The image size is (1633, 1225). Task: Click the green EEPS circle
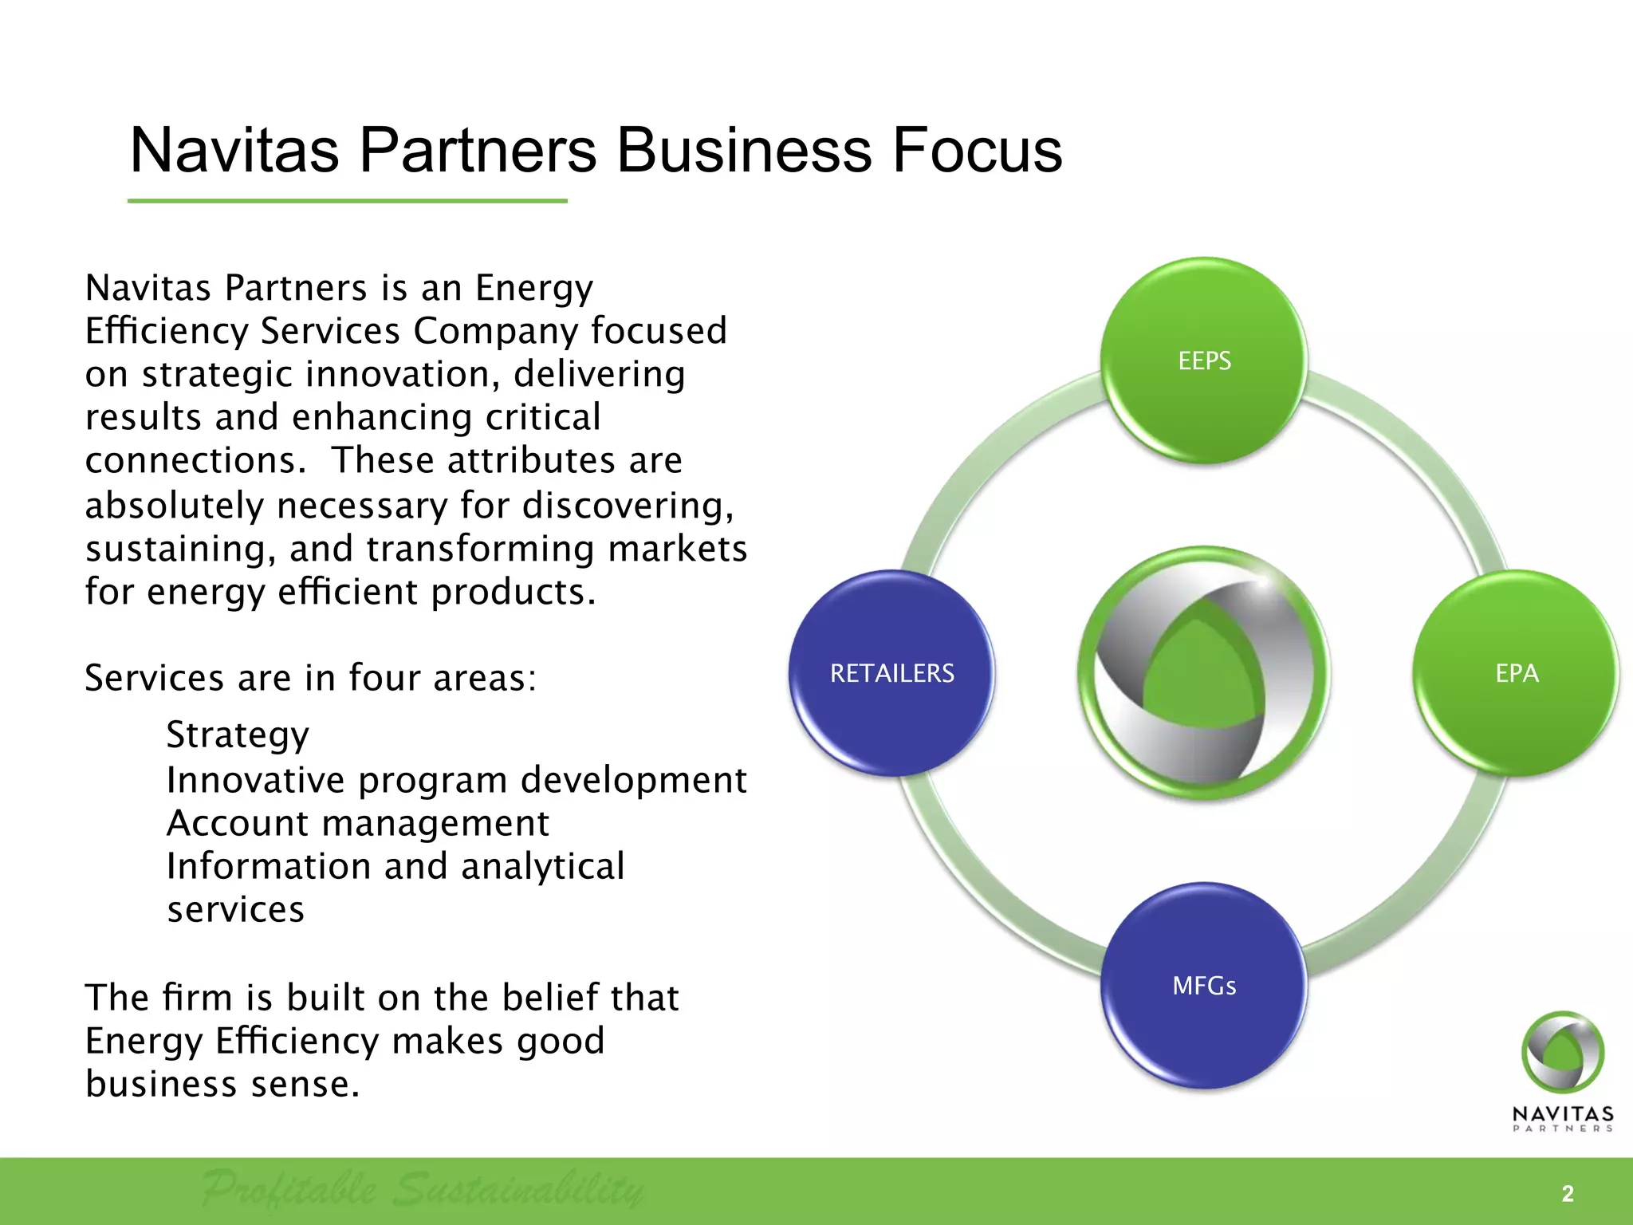[1204, 360]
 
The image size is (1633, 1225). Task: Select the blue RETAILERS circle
[891, 673]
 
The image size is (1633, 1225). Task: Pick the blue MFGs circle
[1204, 986]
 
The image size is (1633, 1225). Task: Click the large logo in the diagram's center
[1204, 673]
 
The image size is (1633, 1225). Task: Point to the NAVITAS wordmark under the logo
[1563, 1113]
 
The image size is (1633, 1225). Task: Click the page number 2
[1568, 1194]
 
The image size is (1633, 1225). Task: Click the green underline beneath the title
[347, 201]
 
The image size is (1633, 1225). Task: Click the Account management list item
[357, 823]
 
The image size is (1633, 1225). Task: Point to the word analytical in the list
[542, 866]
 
